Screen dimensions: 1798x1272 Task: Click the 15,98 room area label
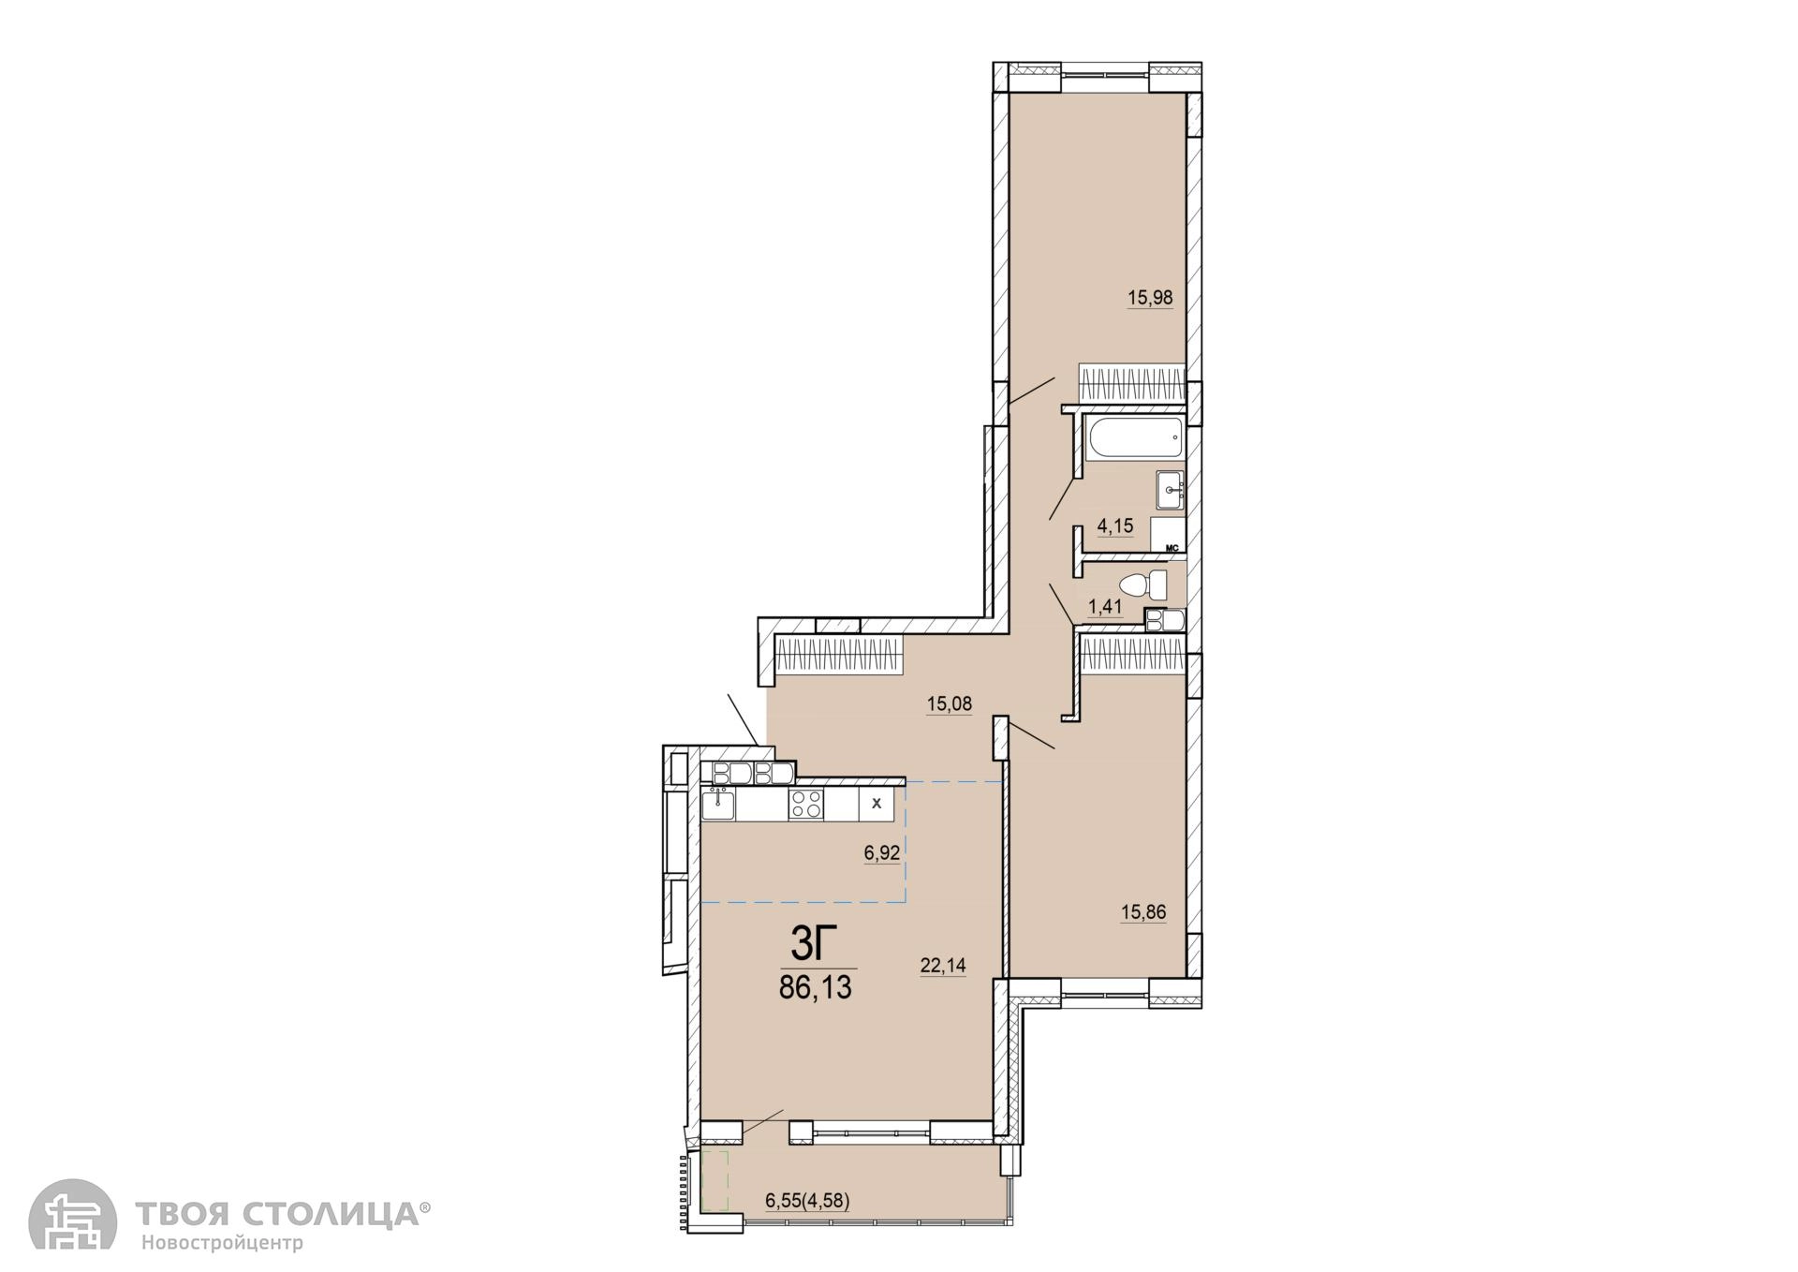click(x=1150, y=298)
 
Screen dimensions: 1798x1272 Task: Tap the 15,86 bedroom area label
click(x=1143, y=911)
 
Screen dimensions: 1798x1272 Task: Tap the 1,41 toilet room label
click(x=1104, y=606)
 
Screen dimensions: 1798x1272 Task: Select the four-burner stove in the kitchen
click(x=806, y=804)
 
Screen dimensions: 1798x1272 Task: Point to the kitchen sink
click(x=719, y=804)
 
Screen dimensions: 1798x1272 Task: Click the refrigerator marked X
click(x=877, y=804)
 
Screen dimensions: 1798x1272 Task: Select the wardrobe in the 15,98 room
click(x=1131, y=385)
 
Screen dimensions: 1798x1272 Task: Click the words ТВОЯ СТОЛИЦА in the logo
click(x=278, y=1215)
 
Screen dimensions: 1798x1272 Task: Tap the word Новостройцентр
click(x=223, y=1244)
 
